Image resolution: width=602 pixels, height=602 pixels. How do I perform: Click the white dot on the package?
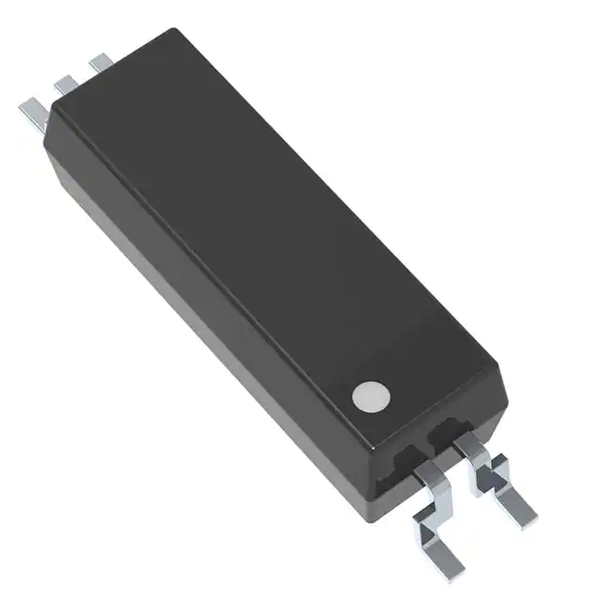[x=371, y=396]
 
